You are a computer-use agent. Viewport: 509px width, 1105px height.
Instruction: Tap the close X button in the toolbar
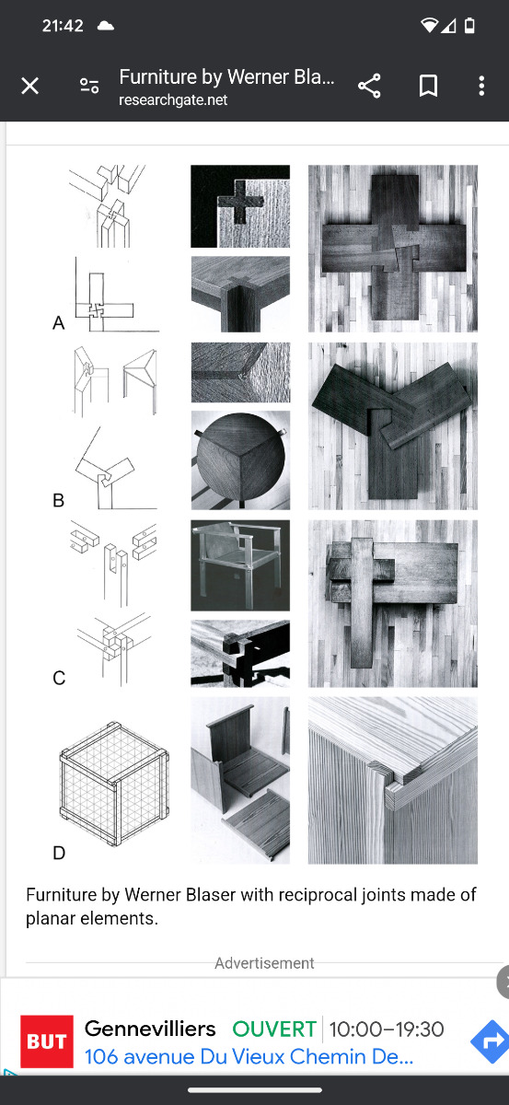coord(30,86)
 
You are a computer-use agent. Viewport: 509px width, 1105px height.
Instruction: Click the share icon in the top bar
coord(369,86)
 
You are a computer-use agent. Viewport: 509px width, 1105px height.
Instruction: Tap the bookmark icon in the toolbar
coord(428,86)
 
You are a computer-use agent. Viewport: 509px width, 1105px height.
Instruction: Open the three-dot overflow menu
coord(481,86)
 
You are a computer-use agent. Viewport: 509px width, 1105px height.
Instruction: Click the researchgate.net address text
coord(173,99)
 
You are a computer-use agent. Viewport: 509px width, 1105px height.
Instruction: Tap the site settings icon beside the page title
coord(89,86)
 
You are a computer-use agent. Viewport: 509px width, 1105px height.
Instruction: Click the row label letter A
coord(59,323)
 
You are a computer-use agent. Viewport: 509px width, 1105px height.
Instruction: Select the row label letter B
coord(58,501)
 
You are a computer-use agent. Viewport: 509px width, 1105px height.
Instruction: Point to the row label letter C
coord(59,678)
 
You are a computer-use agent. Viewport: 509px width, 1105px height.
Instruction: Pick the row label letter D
coord(59,853)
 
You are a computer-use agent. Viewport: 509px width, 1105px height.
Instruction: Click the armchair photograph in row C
coord(240,565)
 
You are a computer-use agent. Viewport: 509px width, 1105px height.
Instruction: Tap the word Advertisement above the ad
coord(264,963)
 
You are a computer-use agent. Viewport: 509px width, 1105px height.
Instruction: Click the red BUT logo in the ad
coord(47,1041)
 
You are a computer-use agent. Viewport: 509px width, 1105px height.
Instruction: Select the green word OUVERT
coord(274,1029)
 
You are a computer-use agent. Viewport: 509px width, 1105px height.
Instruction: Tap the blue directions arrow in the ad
coord(491,1041)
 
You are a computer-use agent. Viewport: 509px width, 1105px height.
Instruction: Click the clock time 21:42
coord(63,26)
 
